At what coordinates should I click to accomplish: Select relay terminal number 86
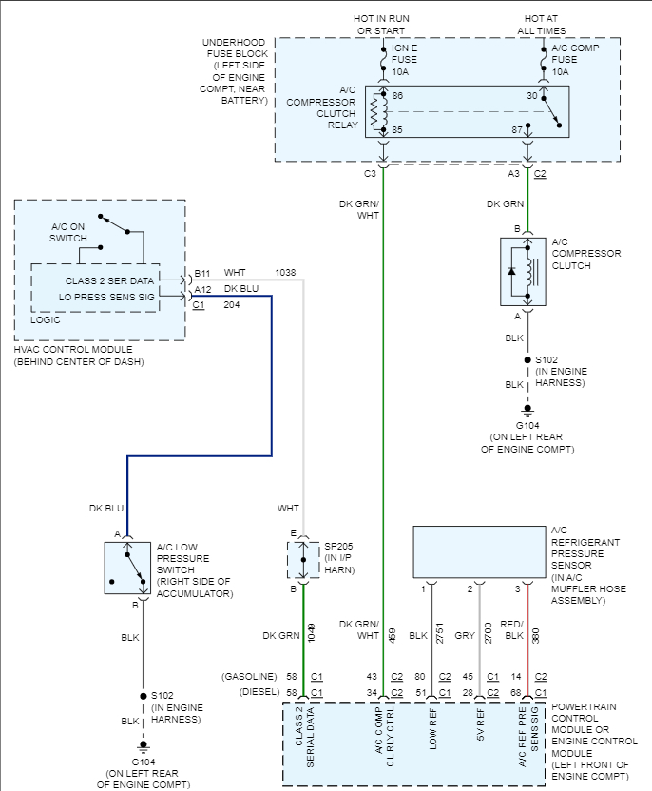[x=397, y=96]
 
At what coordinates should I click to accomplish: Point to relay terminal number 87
[x=517, y=128]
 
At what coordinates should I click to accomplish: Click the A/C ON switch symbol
[x=118, y=226]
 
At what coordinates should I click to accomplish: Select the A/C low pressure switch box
[x=128, y=569]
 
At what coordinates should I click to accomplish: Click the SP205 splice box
[x=304, y=561]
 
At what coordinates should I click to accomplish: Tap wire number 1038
[x=285, y=273]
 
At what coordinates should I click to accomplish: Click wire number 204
[x=231, y=305]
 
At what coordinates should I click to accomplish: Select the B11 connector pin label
[x=201, y=273]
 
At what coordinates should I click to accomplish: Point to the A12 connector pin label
[x=201, y=289]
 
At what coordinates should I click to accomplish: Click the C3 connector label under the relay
[x=370, y=174]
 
